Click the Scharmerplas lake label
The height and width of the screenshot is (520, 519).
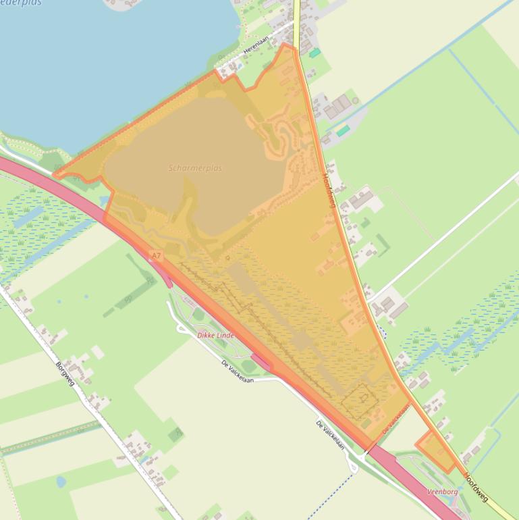[195, 168]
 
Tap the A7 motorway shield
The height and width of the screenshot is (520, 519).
[157, 256]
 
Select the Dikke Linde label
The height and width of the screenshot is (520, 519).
[215, 335]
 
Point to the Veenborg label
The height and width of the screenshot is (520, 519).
[443, 492]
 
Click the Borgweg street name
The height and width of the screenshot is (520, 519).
[65, 373]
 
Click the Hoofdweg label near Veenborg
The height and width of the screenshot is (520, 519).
[476, 487]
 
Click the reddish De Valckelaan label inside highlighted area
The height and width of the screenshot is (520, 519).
[396, 419]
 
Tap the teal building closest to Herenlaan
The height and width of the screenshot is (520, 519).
[315, 53]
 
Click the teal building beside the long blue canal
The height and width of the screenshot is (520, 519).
[343, 131]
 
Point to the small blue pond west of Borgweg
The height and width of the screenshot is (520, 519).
[61, 482]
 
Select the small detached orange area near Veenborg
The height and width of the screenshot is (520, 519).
[435, 450]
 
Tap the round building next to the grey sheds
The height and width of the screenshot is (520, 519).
[355, 101]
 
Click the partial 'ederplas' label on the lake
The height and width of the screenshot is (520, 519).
[20, 3]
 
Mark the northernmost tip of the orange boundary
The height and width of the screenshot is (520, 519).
[291, 45]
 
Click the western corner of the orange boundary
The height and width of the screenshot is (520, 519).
[54, 175]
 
